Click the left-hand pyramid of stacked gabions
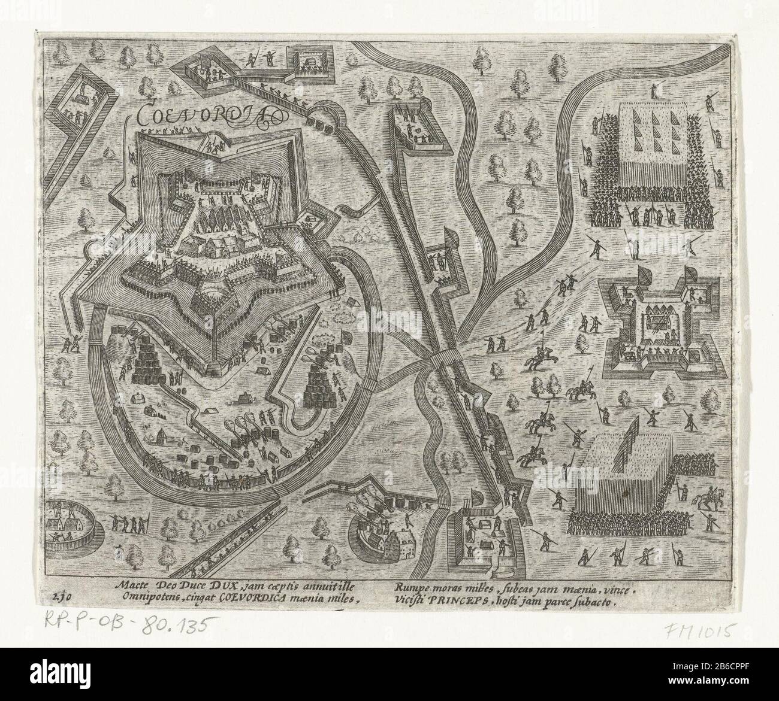pos(146,362)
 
